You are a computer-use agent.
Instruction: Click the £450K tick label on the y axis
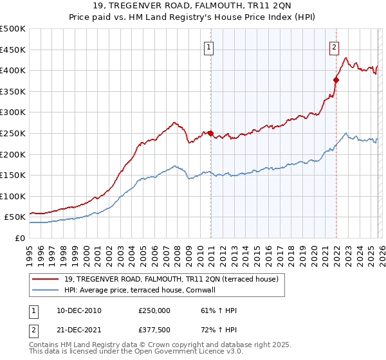tap(13, 50)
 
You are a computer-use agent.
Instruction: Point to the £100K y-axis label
tap(13, 196)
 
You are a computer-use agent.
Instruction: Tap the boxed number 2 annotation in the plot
tap(335, 46)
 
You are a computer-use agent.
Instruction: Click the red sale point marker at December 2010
tap(210, 133)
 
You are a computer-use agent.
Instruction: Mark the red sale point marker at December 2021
tap(336, 80)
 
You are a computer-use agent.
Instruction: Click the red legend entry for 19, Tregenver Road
tap(170, 279)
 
